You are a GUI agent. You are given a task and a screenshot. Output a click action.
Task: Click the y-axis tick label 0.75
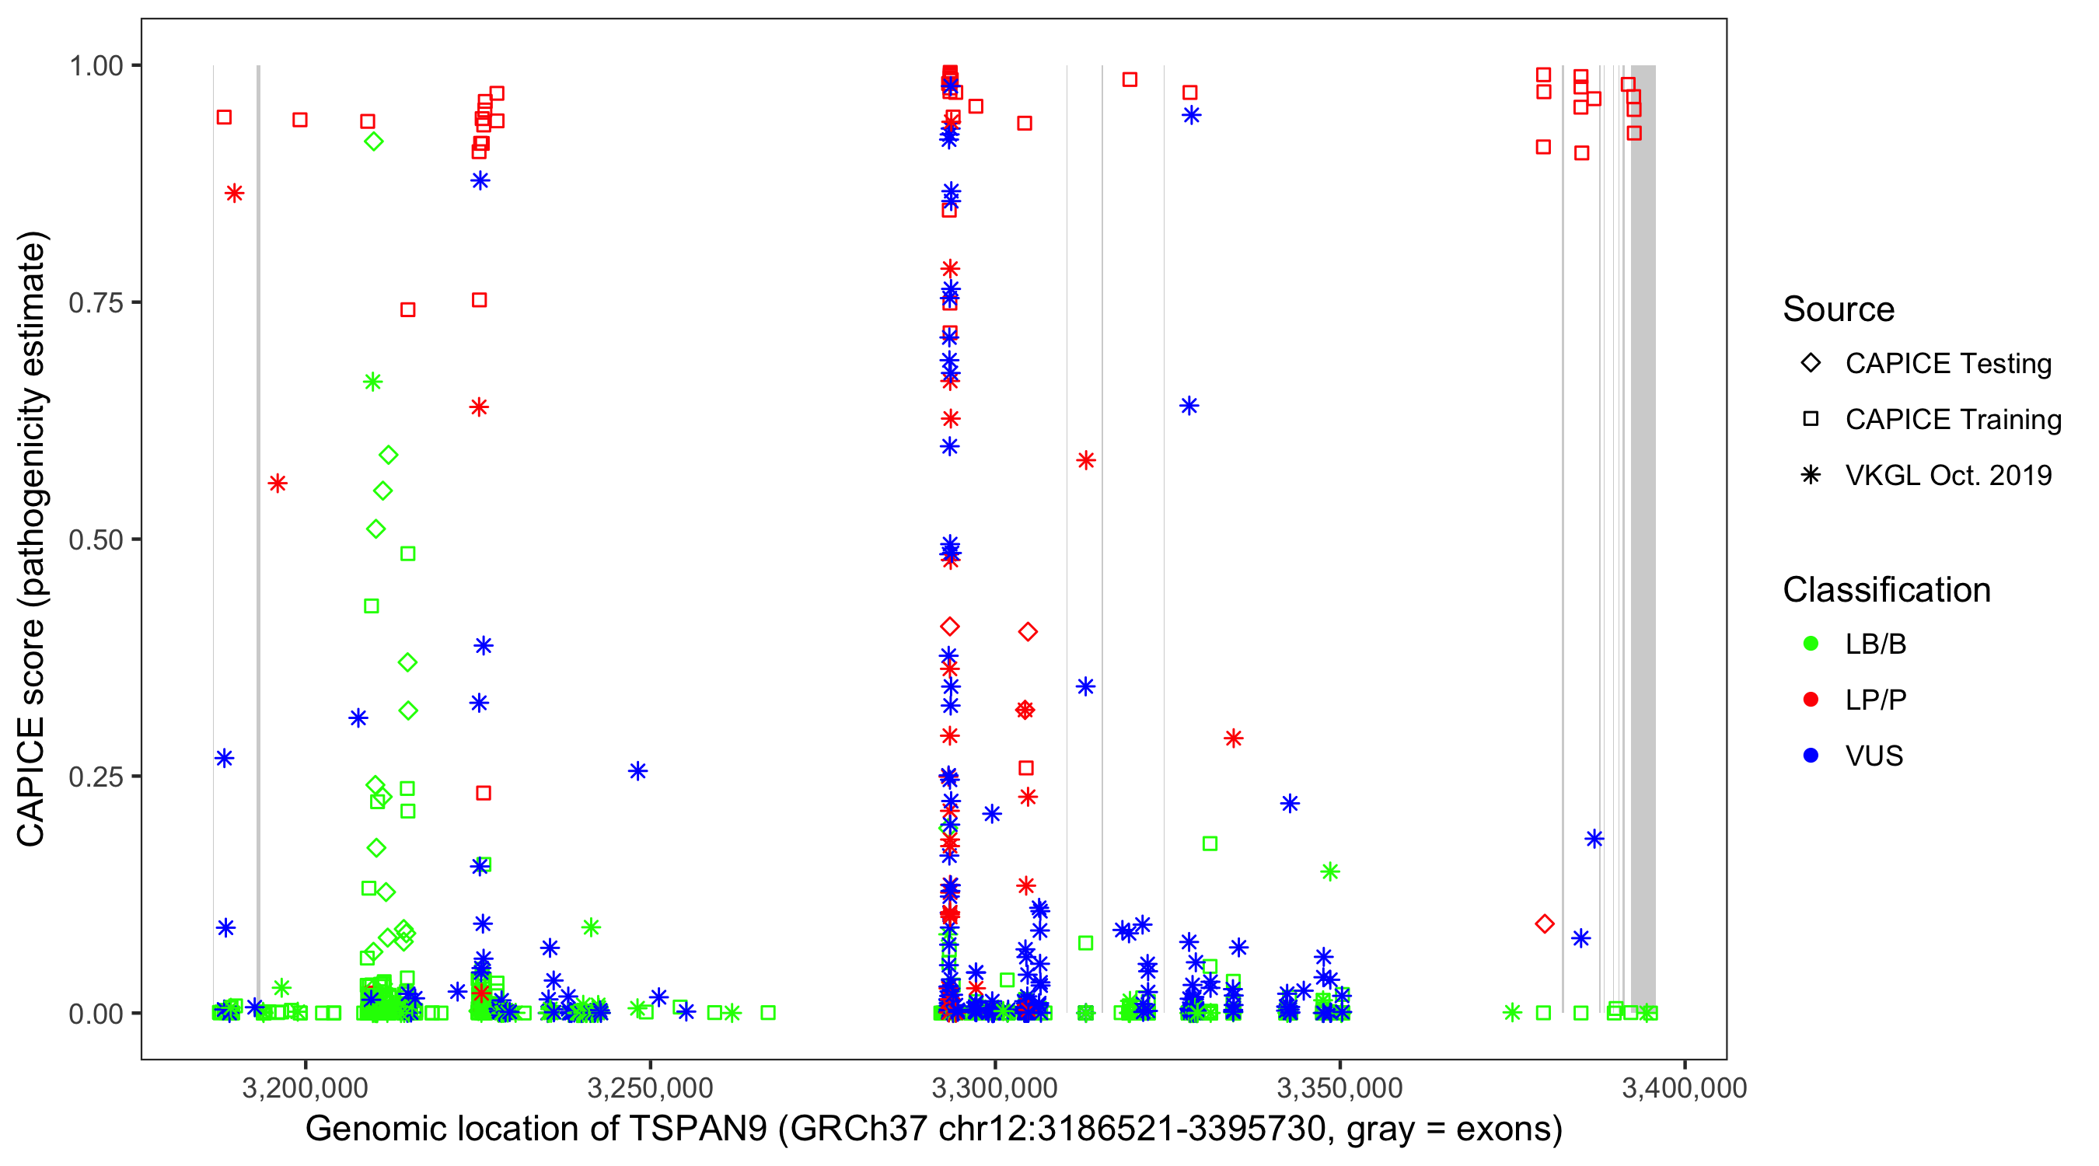pos(96,303)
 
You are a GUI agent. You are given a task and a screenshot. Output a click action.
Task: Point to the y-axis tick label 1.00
pos(96,66)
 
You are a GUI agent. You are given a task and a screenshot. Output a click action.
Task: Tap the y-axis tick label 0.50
pos(96,540)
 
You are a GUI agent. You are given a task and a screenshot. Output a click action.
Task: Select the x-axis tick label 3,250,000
pos(649,1087)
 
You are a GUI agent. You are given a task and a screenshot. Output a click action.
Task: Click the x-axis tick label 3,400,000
pos(1683,1087)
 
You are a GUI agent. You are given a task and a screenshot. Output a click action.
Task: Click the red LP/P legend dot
pos(1811,700)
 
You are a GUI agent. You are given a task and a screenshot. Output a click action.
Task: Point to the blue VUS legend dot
pos(1811,756)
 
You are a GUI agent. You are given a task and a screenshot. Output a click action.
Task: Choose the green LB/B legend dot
pos(1811,644)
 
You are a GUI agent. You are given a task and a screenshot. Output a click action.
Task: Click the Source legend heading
pos(1839,309)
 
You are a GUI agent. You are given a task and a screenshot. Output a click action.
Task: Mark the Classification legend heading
pos(1885,590)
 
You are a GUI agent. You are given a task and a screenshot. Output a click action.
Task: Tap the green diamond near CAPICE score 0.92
pos(373,141)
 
